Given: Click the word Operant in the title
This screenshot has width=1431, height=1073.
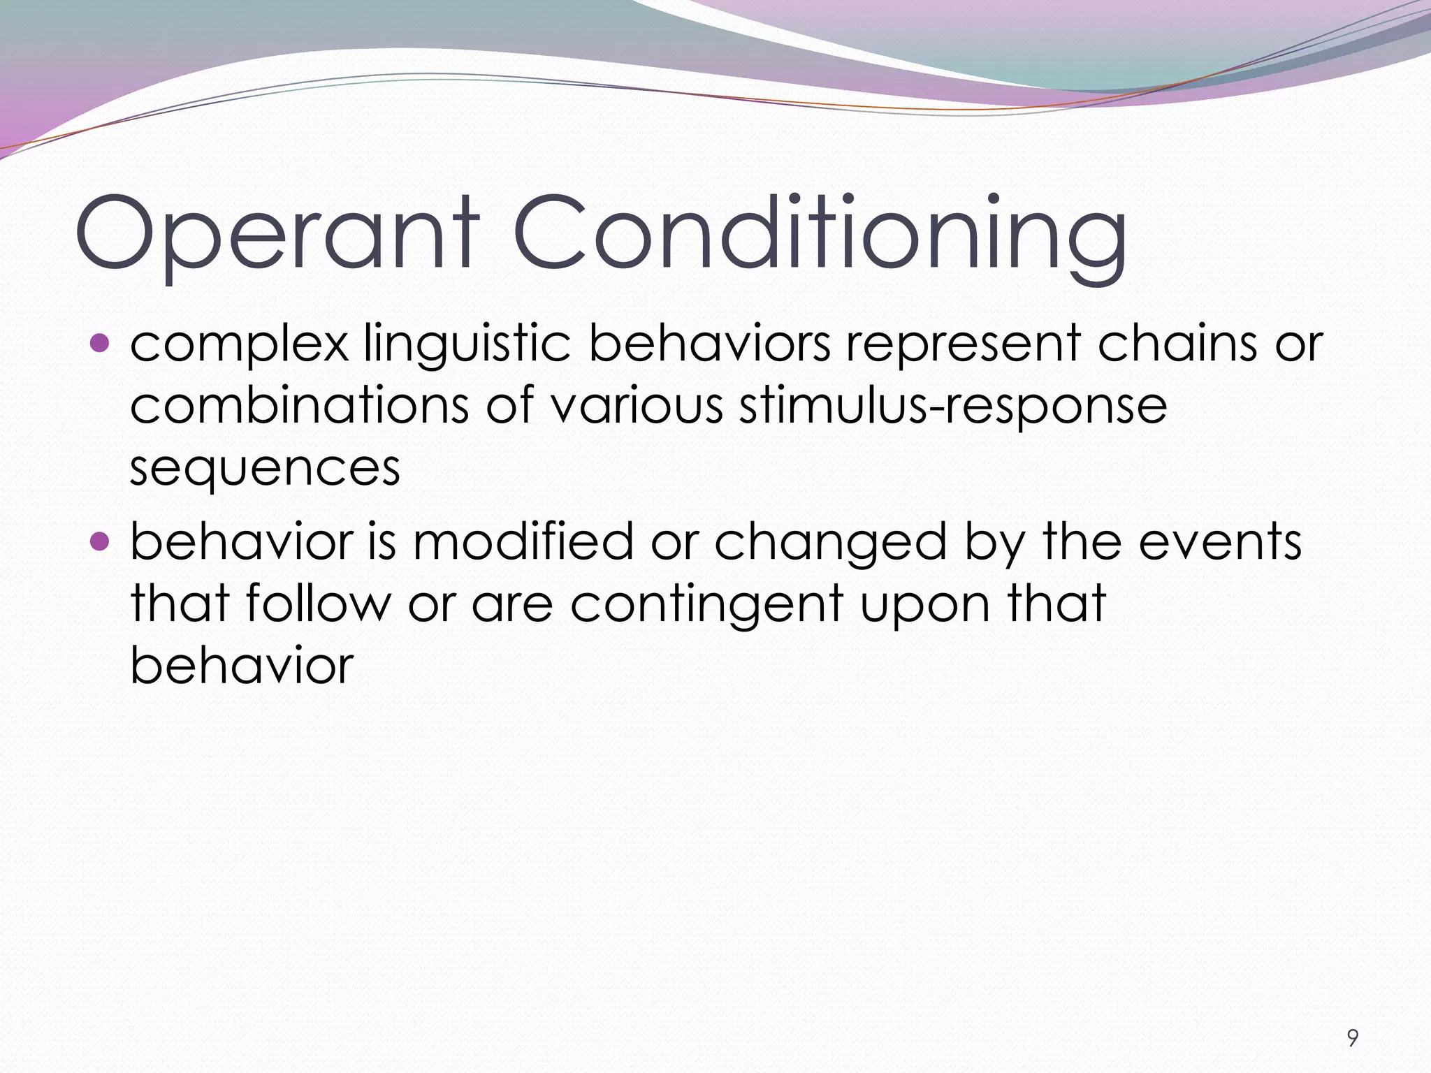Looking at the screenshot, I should point(277,234).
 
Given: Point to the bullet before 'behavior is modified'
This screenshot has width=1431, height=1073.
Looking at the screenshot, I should point(101,541).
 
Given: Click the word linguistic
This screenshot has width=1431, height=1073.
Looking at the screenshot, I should point(467,345).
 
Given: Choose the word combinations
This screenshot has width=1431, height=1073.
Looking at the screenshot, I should point(300,405).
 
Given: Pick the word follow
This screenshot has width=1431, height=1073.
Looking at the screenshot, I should point(318,602).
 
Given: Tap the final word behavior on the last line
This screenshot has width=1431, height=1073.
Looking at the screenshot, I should point(242,664).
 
